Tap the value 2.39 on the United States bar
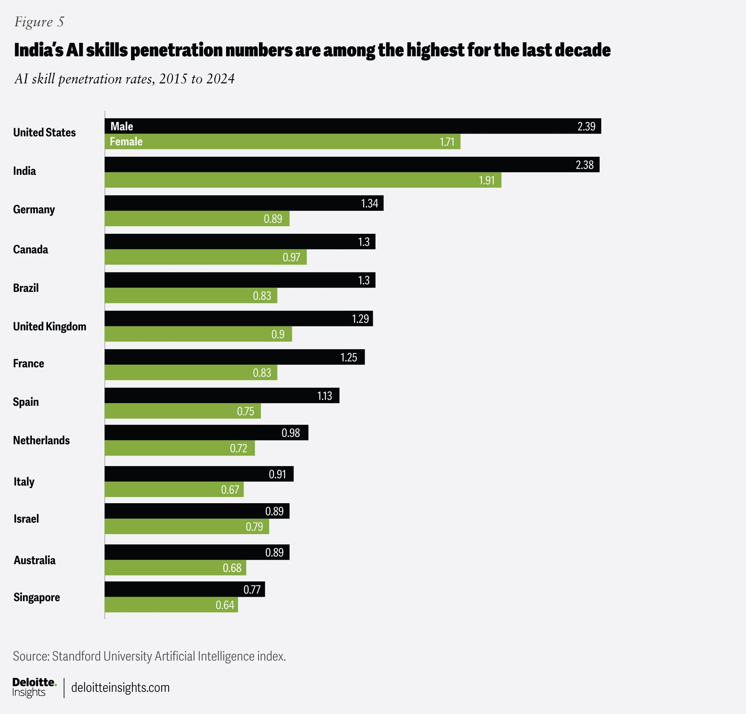(586, 126)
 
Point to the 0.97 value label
(291, 257)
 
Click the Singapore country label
(37, 597)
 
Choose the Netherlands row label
(41, 440)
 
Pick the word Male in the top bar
(122, 126)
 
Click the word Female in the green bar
(126, 142)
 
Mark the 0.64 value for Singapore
(225, 605)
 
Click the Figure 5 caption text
(39, 22)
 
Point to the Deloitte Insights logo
(34, 687)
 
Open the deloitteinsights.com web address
(120, 687)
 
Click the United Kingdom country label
(49, 326)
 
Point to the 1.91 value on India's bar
(486, 180)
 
